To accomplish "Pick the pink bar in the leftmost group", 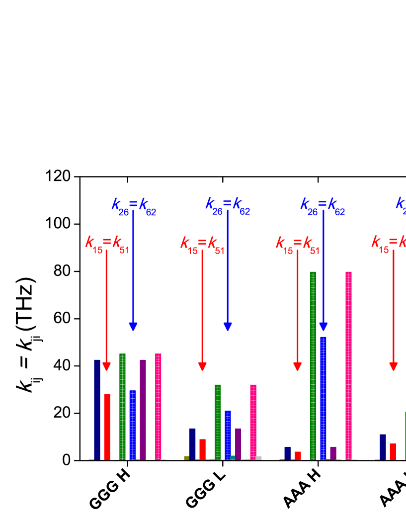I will click(x=158, y=406).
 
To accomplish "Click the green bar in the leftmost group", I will click(x=122, y=406).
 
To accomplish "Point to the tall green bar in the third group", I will click(x=313, y=365).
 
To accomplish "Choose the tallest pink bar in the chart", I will click(x=348, y=365).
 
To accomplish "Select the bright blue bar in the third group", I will click(x=324, y=398).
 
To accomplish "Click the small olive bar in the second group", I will click(x=186, y=458).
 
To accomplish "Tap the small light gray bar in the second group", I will click(x=258, y=458).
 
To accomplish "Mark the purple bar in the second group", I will click(x=238, y=443).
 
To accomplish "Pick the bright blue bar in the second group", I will click(x=228, y=435).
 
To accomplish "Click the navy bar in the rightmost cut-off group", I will click(x=383, y=447).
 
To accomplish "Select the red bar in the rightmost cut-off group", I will click(x=393, y=451).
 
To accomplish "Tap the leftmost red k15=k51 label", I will click(x=106, y=244).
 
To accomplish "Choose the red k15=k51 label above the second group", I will click(x=202, y=244).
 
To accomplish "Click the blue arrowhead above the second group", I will click(x=228, y=326).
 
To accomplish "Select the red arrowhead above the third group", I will click(x=298, y=366).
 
